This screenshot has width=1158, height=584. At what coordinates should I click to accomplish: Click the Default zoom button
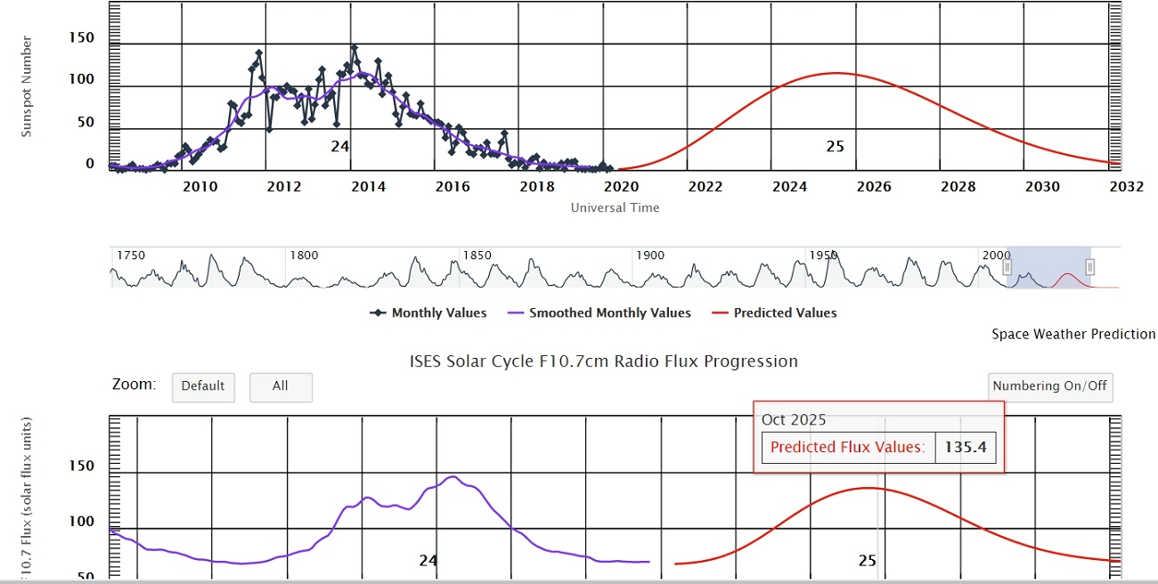point(202,386)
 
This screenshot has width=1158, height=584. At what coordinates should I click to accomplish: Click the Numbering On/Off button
point(1050,386)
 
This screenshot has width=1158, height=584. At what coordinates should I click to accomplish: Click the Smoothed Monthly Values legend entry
point(599,312)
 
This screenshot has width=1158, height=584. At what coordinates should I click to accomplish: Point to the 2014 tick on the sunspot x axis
point(368,187)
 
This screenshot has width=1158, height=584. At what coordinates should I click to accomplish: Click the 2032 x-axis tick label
point(1126,187)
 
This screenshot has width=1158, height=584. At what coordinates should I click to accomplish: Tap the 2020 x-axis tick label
point(621,187)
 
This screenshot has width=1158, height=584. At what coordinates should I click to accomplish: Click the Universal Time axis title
point(615,207)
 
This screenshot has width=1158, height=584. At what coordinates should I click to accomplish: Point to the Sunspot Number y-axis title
point(27,86)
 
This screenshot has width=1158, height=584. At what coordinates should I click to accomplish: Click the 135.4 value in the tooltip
point(966,447)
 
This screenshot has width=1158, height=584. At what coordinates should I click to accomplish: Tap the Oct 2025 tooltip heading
point(794,419)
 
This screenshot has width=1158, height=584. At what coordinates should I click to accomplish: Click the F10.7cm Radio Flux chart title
point(603,361)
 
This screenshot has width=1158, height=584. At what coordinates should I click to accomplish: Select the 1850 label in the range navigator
point(478,255)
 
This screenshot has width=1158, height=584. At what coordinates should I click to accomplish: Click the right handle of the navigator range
point(1089,267)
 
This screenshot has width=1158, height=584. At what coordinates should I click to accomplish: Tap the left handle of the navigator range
point(1007,267)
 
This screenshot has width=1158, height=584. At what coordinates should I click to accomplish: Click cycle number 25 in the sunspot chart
point(835,146)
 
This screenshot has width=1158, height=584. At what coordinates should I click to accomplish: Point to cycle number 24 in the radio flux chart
point(428,561)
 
